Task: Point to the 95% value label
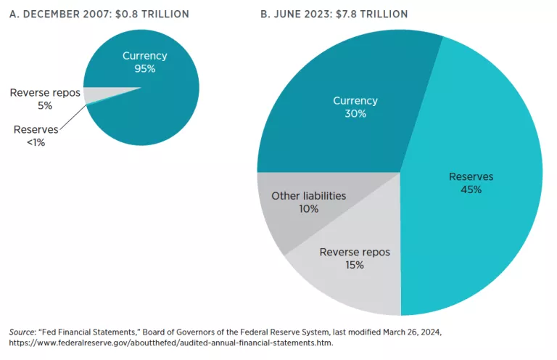144,69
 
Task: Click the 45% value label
471,189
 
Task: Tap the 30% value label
355,113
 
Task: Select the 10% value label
308,208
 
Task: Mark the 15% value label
355,265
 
